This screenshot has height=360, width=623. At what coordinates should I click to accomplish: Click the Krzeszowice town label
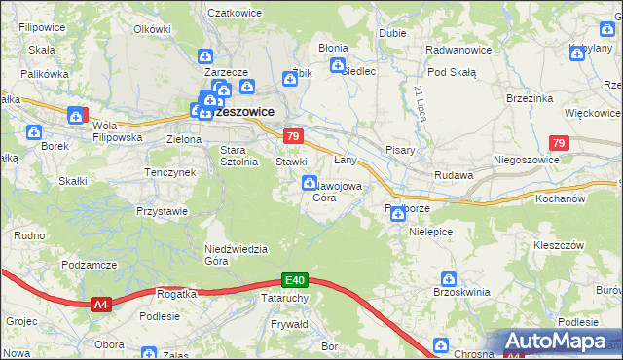(x=242, y=112)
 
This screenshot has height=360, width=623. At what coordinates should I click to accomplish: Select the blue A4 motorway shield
(x=100, y=305)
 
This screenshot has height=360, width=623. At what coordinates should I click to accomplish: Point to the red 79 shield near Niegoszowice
(x=557, y=144)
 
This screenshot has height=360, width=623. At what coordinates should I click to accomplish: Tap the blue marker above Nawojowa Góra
(x=310, y=182)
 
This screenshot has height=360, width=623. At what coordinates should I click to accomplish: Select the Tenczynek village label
(x=170, y=172)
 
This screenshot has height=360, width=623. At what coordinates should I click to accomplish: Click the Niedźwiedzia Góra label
(x=235, y=254)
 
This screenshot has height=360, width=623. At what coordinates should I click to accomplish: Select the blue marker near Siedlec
(x=338, y=66)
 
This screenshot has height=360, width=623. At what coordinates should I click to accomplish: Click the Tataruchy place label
(x=285, y=298)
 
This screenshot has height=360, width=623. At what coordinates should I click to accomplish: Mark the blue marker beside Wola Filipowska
(x=75, y=117)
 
